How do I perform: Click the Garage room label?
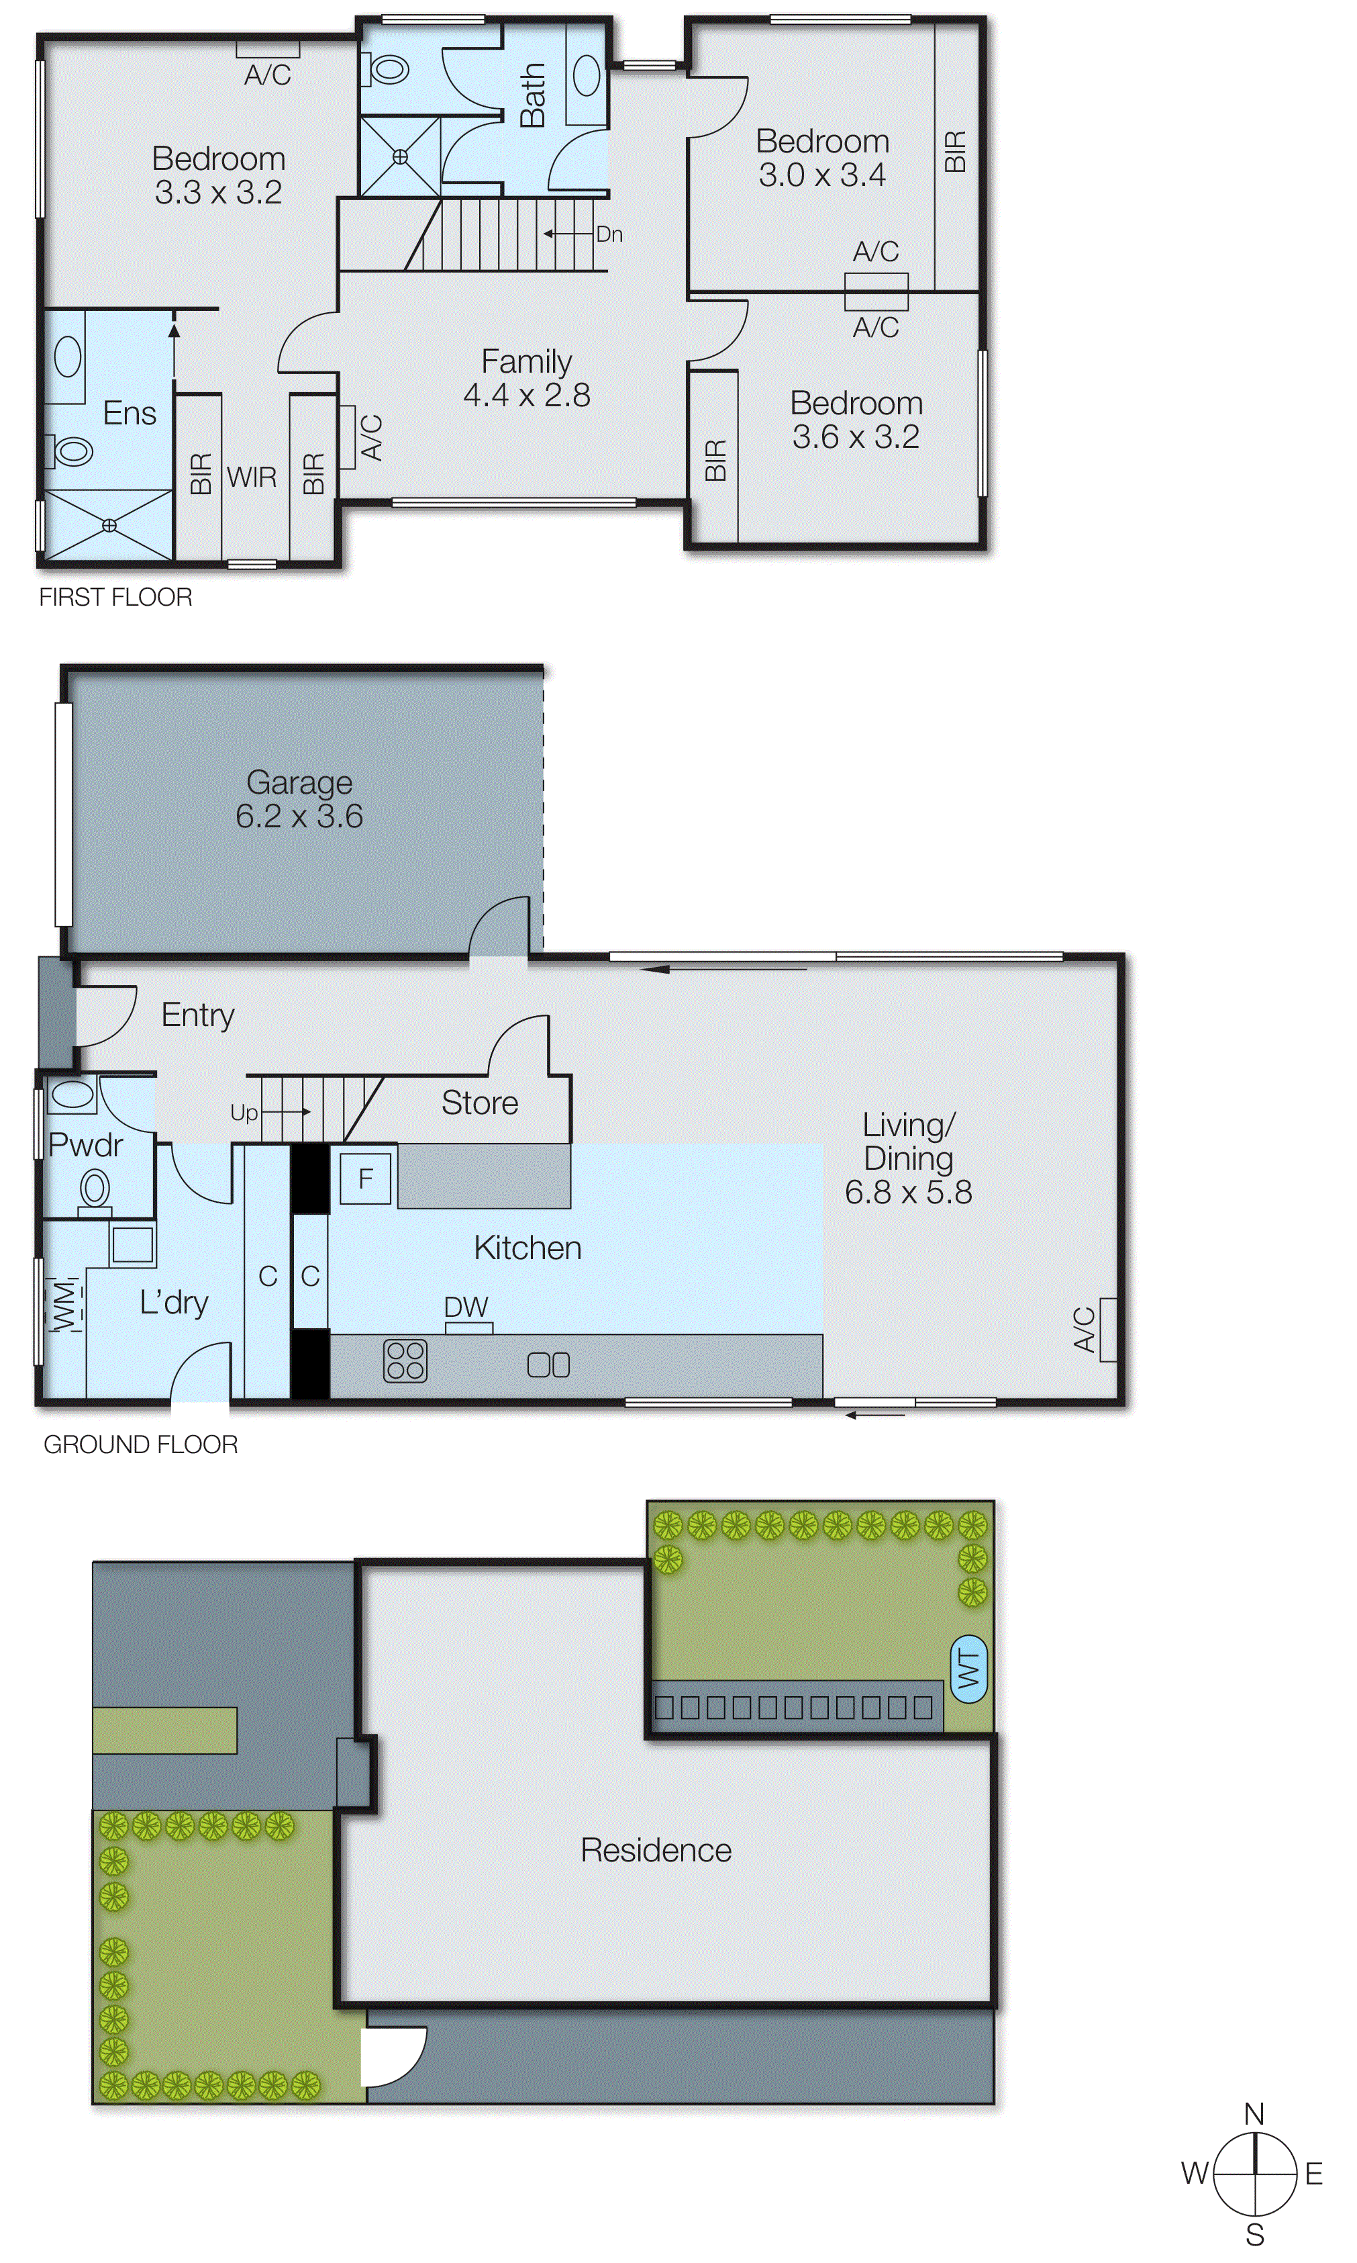pos(299,782)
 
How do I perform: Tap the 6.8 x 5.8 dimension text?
pos(907,1192)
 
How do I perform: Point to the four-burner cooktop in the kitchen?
pos(405,1360)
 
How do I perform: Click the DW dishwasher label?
pos(466,1307)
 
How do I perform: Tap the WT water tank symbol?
pos(969,1669)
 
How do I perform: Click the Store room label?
pos(479,1103)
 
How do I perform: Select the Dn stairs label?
pos(609,234)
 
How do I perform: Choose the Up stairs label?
pos(243,1112)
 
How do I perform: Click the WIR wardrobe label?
pos(252,477)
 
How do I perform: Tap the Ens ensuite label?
pos(129,414)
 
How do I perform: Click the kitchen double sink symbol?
pos(549,1365)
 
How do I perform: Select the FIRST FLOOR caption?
pos(115,597)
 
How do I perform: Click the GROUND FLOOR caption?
pos(141,1444)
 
